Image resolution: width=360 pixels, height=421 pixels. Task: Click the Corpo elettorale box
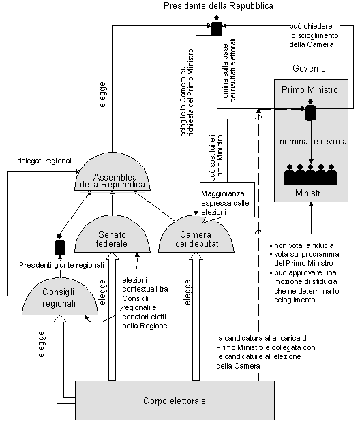pos(175,401)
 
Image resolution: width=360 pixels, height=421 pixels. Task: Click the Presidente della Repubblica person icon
pos(217,26)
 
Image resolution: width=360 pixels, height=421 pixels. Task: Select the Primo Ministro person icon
pos(311,110)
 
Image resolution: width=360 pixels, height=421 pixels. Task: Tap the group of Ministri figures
pos(310,175)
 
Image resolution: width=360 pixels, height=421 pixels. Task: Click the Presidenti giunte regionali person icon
pos(59,245)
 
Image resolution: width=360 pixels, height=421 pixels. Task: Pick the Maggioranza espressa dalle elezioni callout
pos(227,200)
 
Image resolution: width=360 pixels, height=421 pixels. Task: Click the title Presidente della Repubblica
pos(218,6)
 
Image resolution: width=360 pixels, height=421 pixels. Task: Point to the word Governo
pos(309,69)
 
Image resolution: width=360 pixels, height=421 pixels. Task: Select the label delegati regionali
pos(45,161)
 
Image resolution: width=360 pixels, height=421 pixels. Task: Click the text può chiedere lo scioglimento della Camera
pos(314,35)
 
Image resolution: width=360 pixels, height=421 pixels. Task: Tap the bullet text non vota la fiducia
pos(302,245)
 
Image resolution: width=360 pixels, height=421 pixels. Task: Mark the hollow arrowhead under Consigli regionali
pos(60,319)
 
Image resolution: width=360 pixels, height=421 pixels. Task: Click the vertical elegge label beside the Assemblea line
pos(102,95)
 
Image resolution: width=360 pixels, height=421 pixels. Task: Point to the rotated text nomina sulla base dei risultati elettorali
pos(229,70)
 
